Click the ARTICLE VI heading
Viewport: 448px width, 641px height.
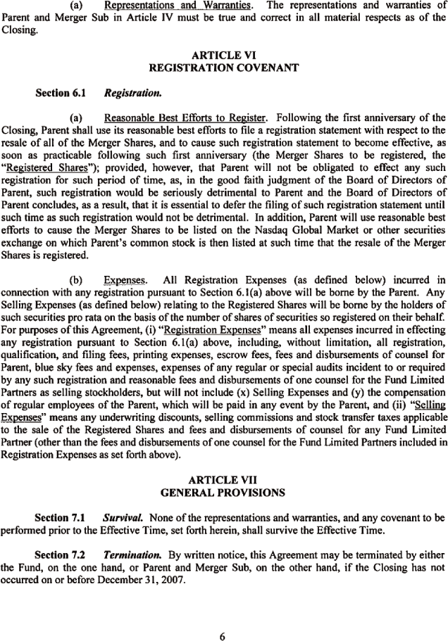[x=223, y=56]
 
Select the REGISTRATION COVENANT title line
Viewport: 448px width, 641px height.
[x=223, y=68]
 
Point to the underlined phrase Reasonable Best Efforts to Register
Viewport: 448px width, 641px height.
[x=184, y=117]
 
